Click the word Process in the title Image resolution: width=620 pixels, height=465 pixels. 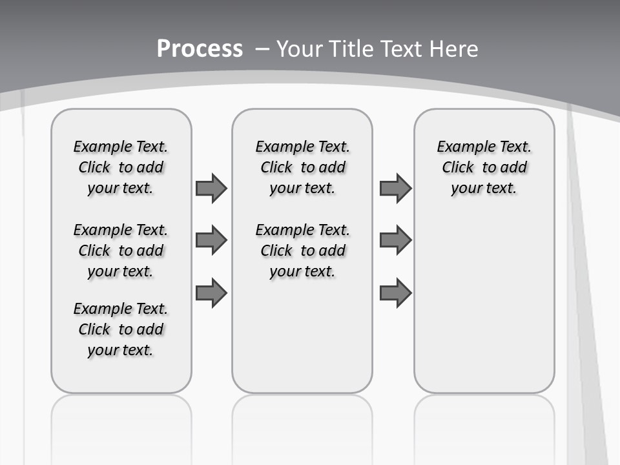click(200, 48)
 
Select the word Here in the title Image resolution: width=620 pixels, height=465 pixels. click(455, 48)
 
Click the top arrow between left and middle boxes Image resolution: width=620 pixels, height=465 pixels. click(211, 188)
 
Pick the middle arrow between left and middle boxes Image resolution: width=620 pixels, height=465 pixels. click(211, 240)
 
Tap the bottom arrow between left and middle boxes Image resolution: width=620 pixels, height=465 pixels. click(211, 293)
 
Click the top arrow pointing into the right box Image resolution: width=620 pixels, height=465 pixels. click(395, 188)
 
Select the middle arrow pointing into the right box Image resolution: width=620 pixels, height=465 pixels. click(395, 240)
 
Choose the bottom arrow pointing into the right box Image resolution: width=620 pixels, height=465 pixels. click(395, 293)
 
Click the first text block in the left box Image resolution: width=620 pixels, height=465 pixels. click(121, 167)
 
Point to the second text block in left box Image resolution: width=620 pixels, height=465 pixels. click(121, 251)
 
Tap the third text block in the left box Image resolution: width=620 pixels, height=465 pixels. click(121, 329)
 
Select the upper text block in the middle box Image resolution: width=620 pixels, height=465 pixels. click(302, 167)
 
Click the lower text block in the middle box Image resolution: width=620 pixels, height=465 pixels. click(302, 251)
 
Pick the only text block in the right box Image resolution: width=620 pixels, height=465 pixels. click(484, 167)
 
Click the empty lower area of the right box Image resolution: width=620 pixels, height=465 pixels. click(484, 304)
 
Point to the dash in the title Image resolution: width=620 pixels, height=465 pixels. click(262, 48)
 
